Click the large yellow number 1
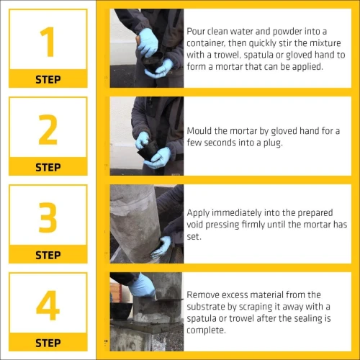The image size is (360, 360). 48,42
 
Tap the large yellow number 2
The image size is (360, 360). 48,130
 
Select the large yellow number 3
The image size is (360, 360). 48,217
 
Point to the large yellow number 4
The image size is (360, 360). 48,305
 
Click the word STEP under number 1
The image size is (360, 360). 48,79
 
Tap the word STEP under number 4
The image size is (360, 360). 48,343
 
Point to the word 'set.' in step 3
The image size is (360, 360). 194,237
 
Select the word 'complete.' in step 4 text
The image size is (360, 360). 206,330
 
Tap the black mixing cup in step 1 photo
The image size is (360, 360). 153,61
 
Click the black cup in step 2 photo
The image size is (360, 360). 148,150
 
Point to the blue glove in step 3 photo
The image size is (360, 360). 161,246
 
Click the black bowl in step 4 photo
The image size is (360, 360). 122,310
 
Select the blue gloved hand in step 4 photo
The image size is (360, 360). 142,286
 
